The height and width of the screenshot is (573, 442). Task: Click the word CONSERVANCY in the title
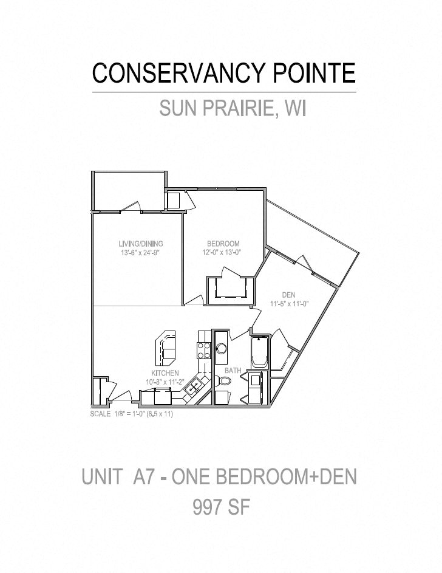[x=178, y=73]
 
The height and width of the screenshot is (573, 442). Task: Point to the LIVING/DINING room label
[x=140, y=244]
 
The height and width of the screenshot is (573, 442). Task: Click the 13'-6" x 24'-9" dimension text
[x=140, y=252]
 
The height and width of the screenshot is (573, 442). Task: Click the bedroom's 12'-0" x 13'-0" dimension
[x=222, y=252]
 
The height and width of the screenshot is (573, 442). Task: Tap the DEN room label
[x=289, y=295]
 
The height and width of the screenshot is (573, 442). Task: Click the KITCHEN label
[x=165, y=373]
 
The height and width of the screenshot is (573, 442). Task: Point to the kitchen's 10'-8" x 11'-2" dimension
[x=165, y=382]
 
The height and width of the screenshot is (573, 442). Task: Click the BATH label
[x=233, y=371]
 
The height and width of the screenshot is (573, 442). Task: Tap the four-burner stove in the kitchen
[x=204, y=350]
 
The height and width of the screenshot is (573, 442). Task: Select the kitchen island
[x=166, y=348]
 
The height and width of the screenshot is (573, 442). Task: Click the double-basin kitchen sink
[x=194, y=386]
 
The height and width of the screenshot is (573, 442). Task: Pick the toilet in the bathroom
[x=223, y=381]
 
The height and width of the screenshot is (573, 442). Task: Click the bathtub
[x=260, y=352]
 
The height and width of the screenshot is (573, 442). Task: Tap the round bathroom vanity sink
[x=221, y=348]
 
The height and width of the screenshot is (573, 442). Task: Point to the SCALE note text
[x=131, y=414]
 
